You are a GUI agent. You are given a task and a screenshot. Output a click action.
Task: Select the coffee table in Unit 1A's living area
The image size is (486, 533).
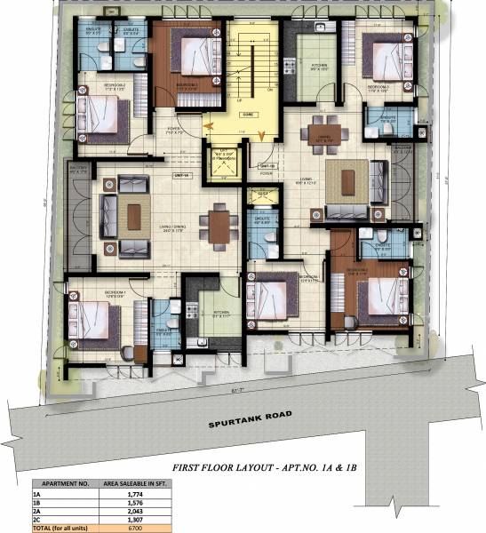pos(132,216)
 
